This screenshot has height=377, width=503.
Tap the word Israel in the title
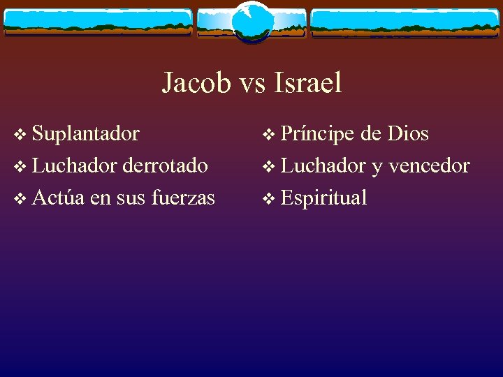308,83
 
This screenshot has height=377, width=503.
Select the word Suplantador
86,133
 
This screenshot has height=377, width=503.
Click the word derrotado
165,165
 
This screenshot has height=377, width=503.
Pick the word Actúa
59,198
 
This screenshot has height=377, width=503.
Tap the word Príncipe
317,134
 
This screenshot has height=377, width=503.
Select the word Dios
409,133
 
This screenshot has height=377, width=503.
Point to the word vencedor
429,165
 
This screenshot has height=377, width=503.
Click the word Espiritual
323,198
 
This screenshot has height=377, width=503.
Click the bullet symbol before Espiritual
268,198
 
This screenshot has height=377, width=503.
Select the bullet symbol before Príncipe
268,134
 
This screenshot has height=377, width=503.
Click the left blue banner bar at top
98,22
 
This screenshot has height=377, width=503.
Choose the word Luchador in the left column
75,165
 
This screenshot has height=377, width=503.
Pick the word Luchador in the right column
323,165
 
